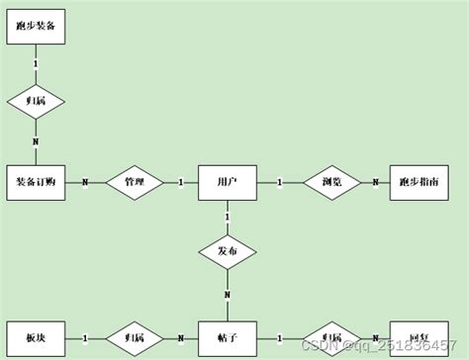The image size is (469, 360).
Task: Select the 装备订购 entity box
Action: pyautogui.click(x=37, y=182)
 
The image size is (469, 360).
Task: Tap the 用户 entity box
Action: pyautogui.click(x=228, y=182)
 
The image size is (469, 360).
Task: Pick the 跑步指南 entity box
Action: pyautogui.click(x=419, y=182)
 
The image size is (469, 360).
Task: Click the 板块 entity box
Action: pyautogui.click(x=37, y=337)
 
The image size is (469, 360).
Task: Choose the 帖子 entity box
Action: pyautogui.click(x=228, y=337)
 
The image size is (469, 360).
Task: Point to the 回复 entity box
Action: pyautogui.click(x=419, y=337)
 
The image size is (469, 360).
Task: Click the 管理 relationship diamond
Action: pyautogui.click(x=134, y=182)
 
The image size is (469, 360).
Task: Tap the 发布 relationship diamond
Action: pyautogui.click(x=228, y=251)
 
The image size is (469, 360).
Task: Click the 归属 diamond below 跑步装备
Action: pyautogui.click(x=37, y=100)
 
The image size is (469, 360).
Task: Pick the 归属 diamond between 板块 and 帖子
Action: pyautogui.click(x=134, y=337)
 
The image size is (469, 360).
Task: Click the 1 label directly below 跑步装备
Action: pyautogui.click(x=37, y=64)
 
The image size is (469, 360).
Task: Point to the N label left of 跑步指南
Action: pyautogui.click(x=375, y=182)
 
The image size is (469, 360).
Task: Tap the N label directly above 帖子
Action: pyautogui.click(x=228, y=296)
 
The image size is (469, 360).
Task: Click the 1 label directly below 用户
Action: pyautogui.click(x=228, y=215)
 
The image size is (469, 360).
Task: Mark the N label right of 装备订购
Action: pyautogui.click(x=84, y=182)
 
